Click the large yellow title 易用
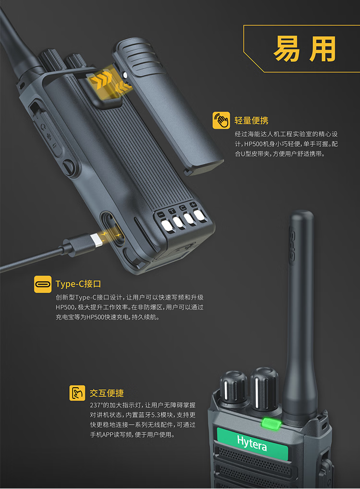click(x=304, y=48)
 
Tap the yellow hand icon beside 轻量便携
click(x=221, y=120)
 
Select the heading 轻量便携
click(x=251, y=120)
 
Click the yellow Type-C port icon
click(x=43, y=284)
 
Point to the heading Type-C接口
click(x=78, y=284)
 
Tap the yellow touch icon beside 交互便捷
click(x=77, y=393)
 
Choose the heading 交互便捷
click(x=107, y=393)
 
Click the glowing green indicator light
click(x=271, y=424)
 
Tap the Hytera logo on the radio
click(x=252, y=443)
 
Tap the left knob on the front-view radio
click(x=234, y=388)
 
